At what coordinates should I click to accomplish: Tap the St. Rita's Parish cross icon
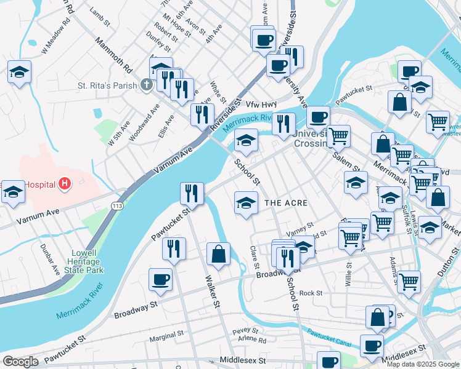[x=146, y=84]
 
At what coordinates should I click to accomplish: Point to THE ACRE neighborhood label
[x=285, y=202]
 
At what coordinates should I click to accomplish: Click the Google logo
[x=20, y=362]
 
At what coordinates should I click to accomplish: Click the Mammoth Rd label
[x=113, y=54]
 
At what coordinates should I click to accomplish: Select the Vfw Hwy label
[x=262, y=104]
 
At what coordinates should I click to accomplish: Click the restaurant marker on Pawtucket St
[x=192, y=194]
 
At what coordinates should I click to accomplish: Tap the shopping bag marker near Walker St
[x=218, y=253]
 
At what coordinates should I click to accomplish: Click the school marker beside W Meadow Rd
[x=19, y=73]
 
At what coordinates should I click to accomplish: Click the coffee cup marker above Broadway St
[x=160, y=279]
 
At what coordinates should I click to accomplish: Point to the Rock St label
[x=311, y=293]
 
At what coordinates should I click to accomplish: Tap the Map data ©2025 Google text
[x=423, y=363]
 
